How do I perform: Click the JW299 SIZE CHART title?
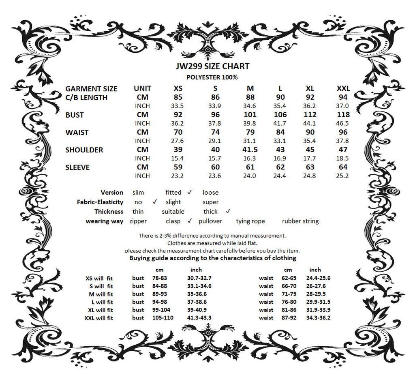tap(213, 66)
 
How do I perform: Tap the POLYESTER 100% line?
tap(212, 77)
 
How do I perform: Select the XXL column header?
tap(343, 89)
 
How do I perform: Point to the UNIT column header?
tap(142, 89)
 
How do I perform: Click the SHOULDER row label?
tap(84, 150)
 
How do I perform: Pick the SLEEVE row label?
tap(77, 167)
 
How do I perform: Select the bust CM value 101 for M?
tap(250, 115)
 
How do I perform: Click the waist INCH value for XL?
tap(310, 141)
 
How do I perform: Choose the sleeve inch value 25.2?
tap(343, 176)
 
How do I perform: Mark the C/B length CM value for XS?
tap(178, 97)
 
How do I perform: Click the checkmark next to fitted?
tap(190, 192)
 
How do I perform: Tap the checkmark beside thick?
tap(228, 211)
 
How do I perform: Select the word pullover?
tap(210, 221)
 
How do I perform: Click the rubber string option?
tap(300, 221)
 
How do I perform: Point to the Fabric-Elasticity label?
tap(100, 202)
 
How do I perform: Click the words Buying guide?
tap(148, 258)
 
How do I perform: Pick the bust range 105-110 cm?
tap(163, 318)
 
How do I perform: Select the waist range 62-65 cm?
tap(289, 278)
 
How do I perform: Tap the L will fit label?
tap(103, 302)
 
